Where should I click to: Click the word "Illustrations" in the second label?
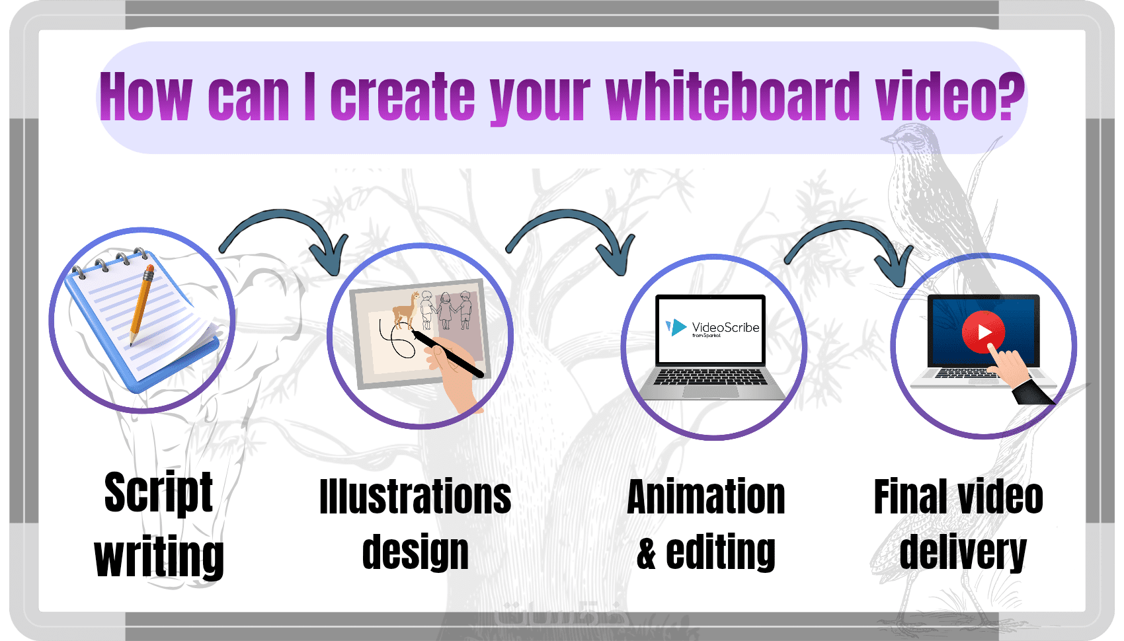pos(415,496)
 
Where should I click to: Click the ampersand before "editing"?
pos(647,552)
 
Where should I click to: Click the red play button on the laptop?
pos(984,332)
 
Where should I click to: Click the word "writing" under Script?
pos(159,556)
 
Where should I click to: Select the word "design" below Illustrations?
pos(415,552)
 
